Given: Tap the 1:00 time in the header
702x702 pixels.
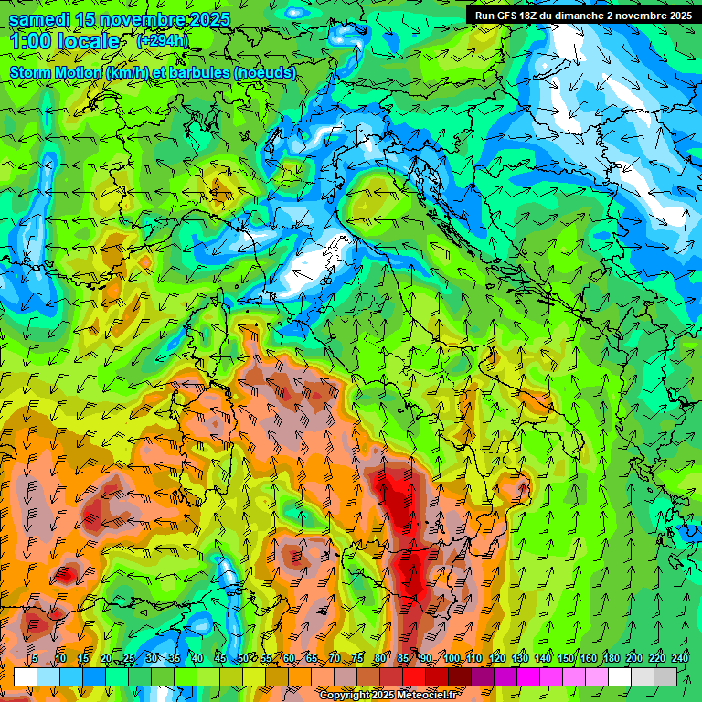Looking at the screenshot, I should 30,41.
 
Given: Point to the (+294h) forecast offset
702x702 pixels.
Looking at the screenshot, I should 163,41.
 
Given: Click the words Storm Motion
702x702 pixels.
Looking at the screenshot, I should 56,72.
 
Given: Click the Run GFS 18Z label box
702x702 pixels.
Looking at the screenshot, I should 583,16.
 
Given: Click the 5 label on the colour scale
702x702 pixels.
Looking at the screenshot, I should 35,658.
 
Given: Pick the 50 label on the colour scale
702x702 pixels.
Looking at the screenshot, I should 243,658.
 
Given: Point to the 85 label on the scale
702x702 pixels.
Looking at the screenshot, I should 403,658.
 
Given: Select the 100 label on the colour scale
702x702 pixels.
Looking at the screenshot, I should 451,658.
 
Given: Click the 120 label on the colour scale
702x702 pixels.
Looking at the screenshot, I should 497,658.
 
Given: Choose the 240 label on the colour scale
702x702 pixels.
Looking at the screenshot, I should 679,658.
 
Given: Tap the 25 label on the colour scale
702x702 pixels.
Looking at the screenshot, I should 129,658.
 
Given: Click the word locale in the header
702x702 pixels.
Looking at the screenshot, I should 89,41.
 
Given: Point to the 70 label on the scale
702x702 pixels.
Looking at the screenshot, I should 335,658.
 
